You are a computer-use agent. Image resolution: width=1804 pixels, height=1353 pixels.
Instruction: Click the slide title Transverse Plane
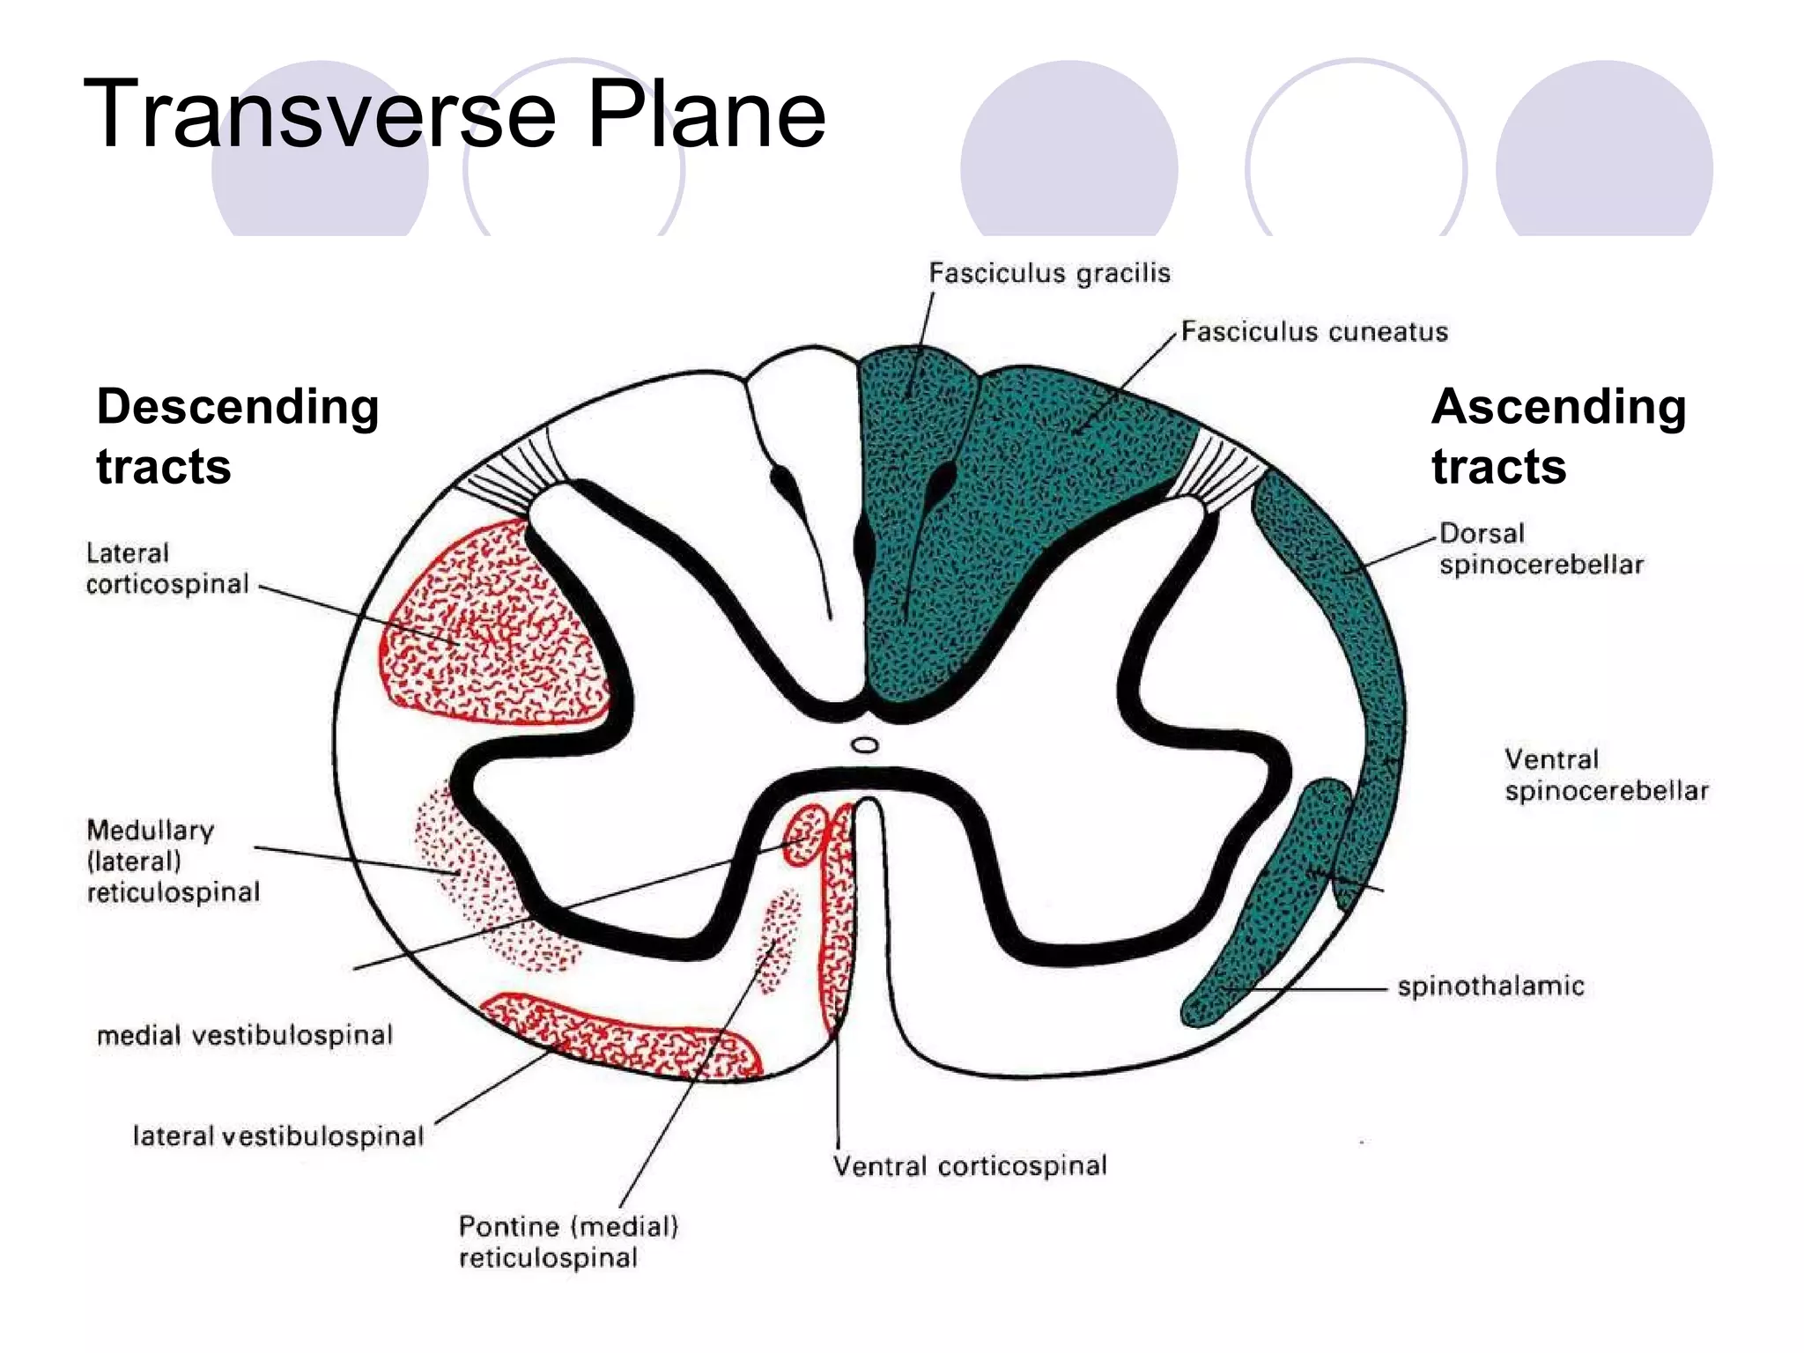[455, 115]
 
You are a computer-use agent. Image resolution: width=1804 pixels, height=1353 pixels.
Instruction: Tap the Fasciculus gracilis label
[1049, 273]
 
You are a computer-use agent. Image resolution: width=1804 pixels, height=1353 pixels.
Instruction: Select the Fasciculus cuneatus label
[1314, 332]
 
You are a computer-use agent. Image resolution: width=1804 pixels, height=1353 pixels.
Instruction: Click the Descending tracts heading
[238, 436]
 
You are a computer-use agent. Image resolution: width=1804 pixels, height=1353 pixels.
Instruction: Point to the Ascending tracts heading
[1558, 436]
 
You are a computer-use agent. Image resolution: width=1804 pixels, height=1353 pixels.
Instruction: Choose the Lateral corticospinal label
[167, 569]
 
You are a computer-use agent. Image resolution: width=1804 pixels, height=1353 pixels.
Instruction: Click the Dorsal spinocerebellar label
[1541, 549]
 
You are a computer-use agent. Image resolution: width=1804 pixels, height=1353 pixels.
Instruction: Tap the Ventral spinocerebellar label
[1606, 775]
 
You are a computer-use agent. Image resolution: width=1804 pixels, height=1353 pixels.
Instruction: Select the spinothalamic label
[1490, 987]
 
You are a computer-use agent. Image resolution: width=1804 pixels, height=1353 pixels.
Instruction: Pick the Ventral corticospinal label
[970, 1166]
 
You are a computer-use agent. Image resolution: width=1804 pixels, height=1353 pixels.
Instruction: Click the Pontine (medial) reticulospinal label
[568, 1242]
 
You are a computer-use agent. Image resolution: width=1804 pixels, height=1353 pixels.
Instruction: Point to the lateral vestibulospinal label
[278, 1136]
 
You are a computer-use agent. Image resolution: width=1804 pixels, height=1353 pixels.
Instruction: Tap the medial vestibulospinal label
[245, 1035]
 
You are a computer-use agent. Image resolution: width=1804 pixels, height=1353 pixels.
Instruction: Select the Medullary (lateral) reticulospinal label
[173, 861]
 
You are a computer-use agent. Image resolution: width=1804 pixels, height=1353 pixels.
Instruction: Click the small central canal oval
[865, 745]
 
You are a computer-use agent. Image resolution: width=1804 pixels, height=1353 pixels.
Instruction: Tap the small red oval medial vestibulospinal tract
[805, 833]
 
